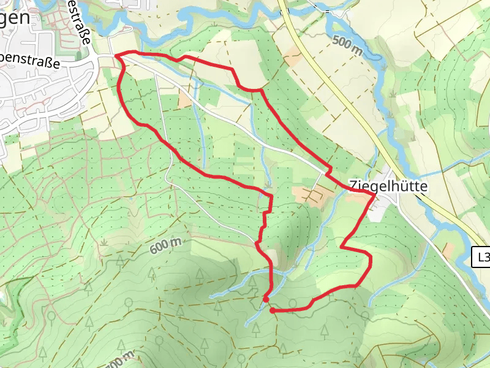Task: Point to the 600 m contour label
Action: tap(165, 246)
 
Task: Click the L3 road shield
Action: tap(482, 258)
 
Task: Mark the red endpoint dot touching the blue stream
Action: tap(265, 299)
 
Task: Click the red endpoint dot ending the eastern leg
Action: tap(272, 311)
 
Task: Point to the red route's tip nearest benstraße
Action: tap(116, 56)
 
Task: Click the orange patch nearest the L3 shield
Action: tap(449, 250)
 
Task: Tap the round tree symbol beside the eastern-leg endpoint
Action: tap(293, 303)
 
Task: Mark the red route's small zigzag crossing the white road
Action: tap(329, 172)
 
